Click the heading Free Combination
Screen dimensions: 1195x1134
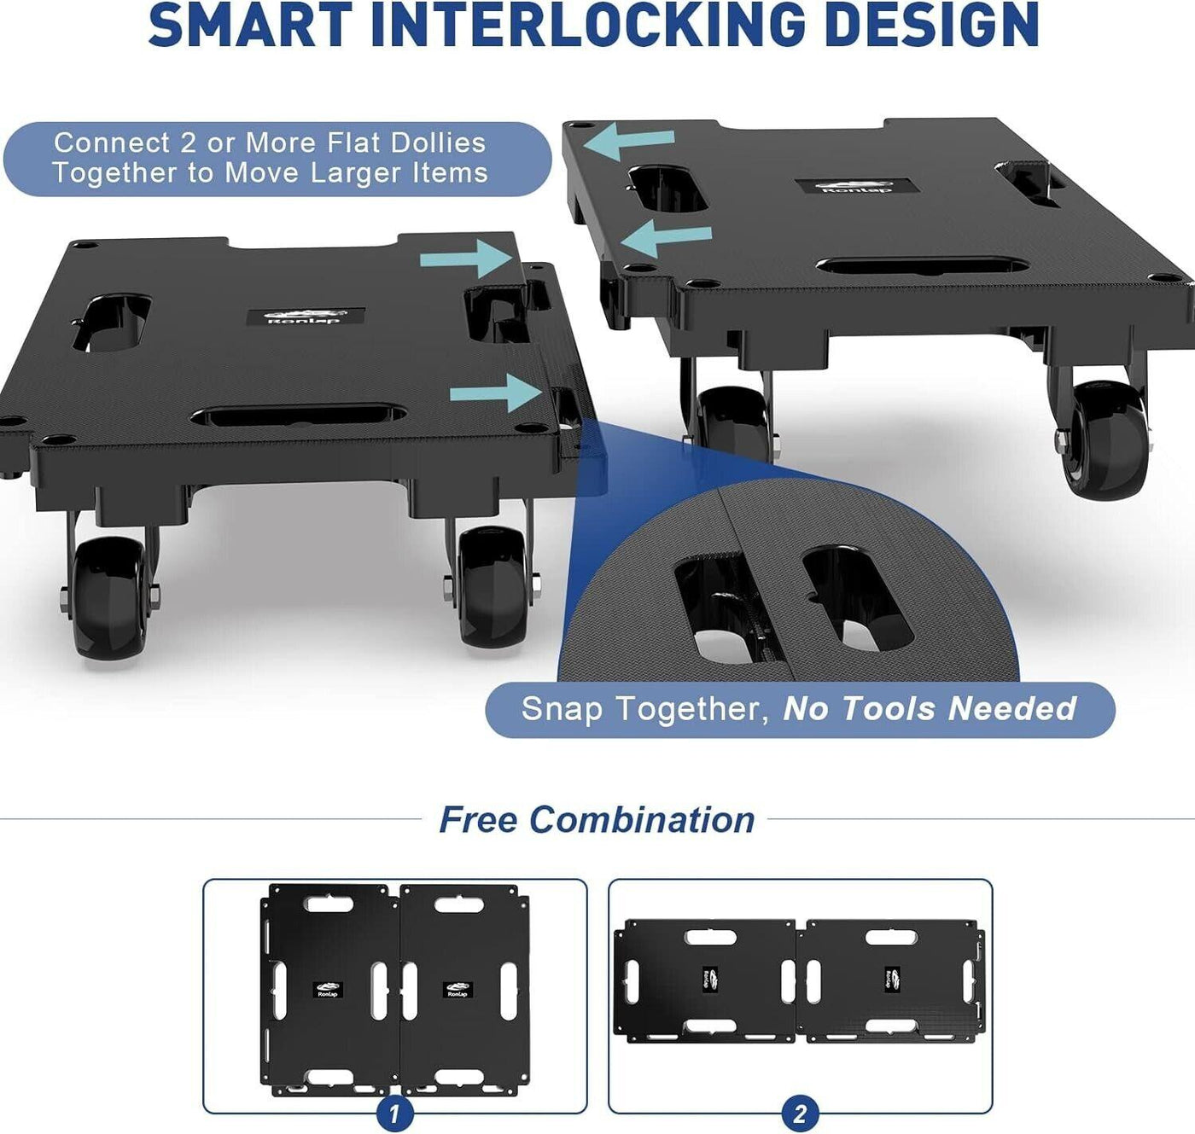(x=597, y=819)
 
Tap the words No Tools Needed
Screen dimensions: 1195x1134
(x=930, y=708)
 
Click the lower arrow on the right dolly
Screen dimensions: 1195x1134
(x=666, y=239)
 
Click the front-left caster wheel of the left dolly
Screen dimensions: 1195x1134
(x=111, y=597)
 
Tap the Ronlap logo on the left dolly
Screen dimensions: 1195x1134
(x=306, y=317)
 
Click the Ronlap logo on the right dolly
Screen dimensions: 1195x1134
(x=854, y=187)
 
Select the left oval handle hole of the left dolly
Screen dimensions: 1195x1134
(x=111, y=323)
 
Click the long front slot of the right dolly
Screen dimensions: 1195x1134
(x=922, y=266)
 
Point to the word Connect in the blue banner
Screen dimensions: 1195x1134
(x=112, y=143)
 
